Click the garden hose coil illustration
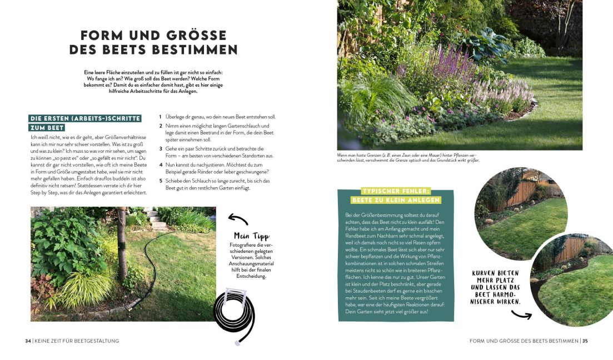pyautogui.click(x=234, y=315)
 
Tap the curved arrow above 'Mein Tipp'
pyautogui.click(x=238, y=219)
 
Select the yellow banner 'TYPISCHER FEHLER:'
pyautogui.click(x=395, y=191)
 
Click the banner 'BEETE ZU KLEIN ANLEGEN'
pyautogui.click(x=395, y=200)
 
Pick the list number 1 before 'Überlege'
pyautogui.click(x=160, y=117)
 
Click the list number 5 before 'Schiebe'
pyautogui.click(x=160, y=181)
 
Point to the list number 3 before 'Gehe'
pyautogui.click(x=160, y=149)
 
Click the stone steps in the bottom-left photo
pyautogui.click(x=157, y=220)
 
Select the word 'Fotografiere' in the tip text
pyautogui.click(x=244, y=245)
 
